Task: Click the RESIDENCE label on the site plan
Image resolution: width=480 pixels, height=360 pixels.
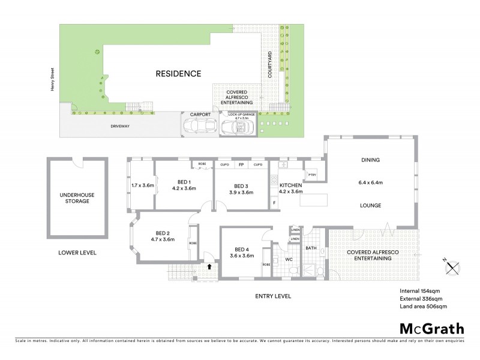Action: (x=178, y=74)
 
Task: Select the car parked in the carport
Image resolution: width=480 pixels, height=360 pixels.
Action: (x=199, y=126)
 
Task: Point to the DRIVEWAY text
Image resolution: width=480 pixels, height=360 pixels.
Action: (x=121, y=127)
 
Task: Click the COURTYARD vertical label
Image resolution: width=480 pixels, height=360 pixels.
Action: (x=270, y=65)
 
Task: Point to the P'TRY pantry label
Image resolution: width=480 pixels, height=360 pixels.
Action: (x=312, y=175)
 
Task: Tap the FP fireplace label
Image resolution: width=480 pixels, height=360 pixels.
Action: (x=241, y=164)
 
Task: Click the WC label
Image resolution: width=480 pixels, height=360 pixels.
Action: (x=288, y=259)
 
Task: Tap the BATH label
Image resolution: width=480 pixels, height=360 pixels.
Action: (x=311, y=247)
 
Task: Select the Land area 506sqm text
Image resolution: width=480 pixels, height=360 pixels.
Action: (x=423, y=307)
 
